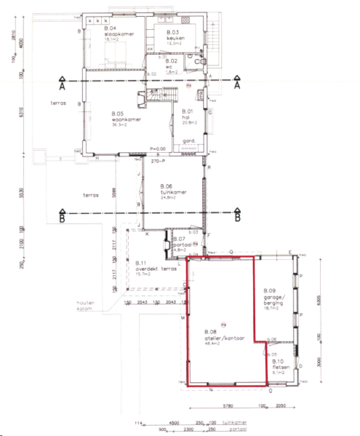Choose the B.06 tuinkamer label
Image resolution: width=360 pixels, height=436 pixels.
tap(173, 191)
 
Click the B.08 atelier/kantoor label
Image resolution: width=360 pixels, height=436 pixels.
tap(224, 336)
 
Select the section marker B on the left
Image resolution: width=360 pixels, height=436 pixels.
tap(63, 216)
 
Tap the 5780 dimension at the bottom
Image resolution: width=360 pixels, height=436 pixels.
tap(227, 405)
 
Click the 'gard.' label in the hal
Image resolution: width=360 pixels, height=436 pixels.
tap(185, 141)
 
